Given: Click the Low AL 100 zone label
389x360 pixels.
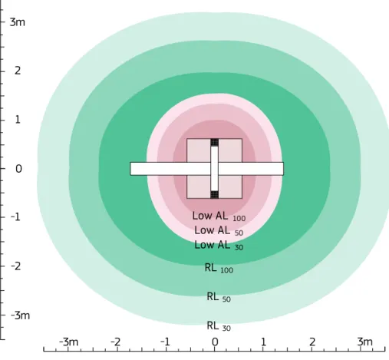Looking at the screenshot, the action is click(219, 216).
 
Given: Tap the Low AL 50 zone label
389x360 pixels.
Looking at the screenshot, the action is click(219, 231).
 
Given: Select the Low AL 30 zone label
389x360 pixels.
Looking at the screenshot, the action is click(219, 246).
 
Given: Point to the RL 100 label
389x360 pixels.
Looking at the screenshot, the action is click(219, 269).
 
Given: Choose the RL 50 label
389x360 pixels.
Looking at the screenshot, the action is click(219, 297).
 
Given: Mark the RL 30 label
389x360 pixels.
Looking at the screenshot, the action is click(219, 326).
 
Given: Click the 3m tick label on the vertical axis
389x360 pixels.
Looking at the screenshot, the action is click(18, 22).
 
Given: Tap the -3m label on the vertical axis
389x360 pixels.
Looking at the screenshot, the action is click(20, 315).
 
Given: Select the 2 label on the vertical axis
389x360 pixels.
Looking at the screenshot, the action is click(18, 71).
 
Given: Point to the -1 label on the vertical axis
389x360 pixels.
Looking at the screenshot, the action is click(15, 217).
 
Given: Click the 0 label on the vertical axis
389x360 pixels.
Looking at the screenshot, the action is click(18, 169).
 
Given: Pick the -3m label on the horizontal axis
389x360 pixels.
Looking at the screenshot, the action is click(68, 342).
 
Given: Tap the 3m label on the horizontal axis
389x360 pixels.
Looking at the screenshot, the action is click(364, 342).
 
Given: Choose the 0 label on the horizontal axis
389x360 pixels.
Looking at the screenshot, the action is click(215, 342).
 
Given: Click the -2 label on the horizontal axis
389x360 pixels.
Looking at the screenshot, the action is click(116, 342).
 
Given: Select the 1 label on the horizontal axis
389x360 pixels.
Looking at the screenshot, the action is click(263, 342).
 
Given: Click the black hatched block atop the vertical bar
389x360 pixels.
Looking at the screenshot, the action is click(215, 142).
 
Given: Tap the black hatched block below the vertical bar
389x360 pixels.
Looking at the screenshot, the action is click(215, 195).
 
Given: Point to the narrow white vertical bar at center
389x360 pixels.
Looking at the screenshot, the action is click(215, 169).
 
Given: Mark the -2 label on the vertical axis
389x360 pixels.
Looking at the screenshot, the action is click(15, 266).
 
